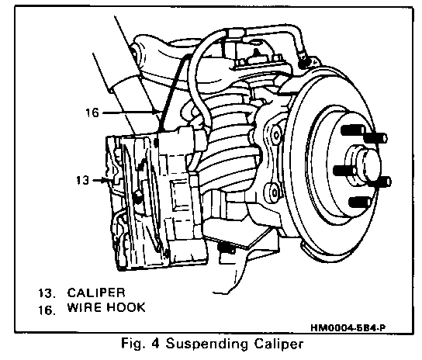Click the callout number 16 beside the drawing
pyautogui.click(x=92, y=112)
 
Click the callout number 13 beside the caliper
pyautogui.click(x=83, y=180)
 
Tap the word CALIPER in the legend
pyautogui.click(x=96, y=292)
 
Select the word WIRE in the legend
pyautogui.click(x=85, y=307)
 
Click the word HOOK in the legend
pyautogui.click(x=126, y=307)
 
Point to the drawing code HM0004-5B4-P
pyautogui.click(x=348, y=328)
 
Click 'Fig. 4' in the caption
pyautogui.click(x=140, y=344)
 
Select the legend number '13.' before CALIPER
pyautogui.click(x=47, y=293)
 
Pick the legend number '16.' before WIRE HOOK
pyautogui.click(x=47, y=310)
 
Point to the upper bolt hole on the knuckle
pyautogui.click(x=276, y=135)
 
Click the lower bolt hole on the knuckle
pyautogui.click(x=275, y=192)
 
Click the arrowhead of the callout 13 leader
pyautogui.click(x=105, y=180)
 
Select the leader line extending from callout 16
pyautogui.click(x=129, y=112)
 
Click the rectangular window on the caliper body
pyautogui.click(x=180, y=196)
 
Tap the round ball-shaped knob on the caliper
pyautogui.click(x=138, y=196)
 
